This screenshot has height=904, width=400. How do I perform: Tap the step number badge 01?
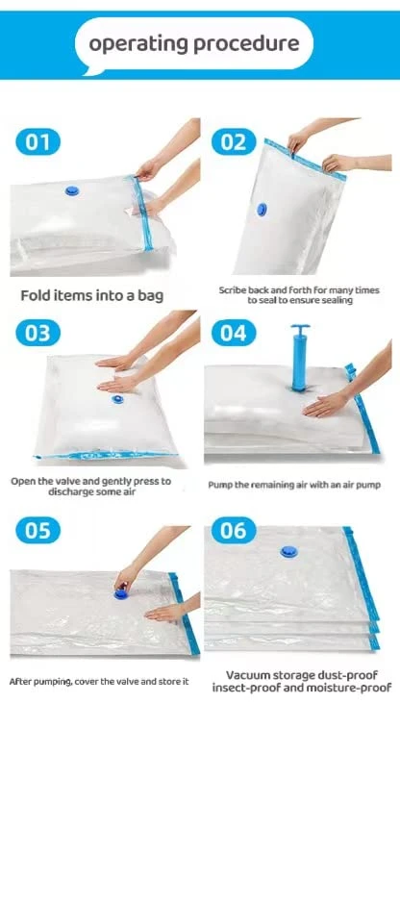tap(37, 141)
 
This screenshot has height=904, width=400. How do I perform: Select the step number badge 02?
tap(234, 141)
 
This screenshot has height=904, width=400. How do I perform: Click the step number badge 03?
tap(37, 333)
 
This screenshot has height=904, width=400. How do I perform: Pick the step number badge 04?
tap(234, 333)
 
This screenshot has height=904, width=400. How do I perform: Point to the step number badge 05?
tap(37, 530)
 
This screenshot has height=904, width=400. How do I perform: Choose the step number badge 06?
tap(234, 530)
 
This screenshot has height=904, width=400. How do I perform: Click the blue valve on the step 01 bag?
tap(72, 190)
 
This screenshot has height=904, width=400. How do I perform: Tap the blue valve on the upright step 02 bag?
tap(262, 210)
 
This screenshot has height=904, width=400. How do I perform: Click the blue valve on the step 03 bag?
tap(117, 399)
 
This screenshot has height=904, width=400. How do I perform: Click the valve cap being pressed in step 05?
tap(121, 593)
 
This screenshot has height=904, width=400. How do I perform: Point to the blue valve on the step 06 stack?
tap(288, 552)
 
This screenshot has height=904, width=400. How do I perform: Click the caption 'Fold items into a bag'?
tap(92, 296)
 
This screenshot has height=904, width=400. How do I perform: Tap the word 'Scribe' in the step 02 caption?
tap(233, 290)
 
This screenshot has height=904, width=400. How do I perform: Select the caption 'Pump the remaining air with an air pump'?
tap(294, 485)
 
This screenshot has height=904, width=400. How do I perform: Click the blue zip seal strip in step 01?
tap(143, 213)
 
